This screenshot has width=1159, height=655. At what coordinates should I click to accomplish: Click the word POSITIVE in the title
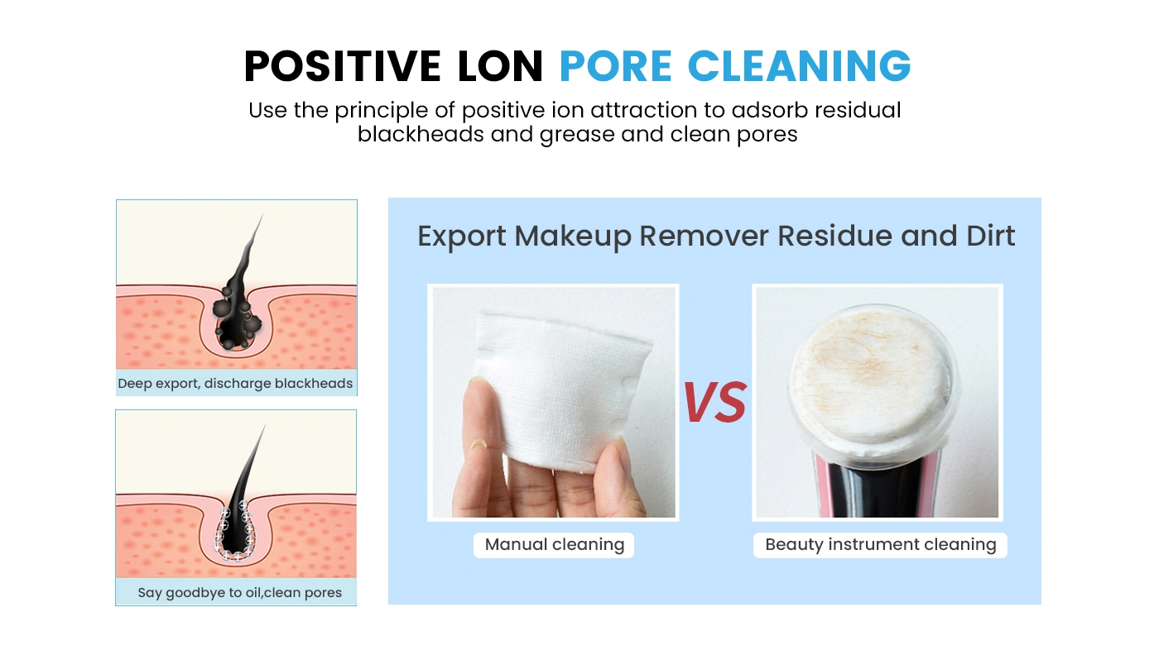[342, 66]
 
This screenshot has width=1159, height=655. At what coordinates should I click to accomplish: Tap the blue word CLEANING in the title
[799, 66]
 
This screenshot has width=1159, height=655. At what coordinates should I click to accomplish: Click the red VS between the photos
[714, 403]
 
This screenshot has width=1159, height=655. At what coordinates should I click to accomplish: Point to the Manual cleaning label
[554, 544]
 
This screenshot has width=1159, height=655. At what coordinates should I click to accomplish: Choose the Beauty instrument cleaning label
[880, 544]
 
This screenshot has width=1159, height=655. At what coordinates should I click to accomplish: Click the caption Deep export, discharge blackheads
[235, 384]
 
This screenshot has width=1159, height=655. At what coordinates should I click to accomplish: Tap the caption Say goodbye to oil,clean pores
[239, 592]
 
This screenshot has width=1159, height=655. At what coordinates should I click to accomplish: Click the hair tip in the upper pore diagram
[261, 218]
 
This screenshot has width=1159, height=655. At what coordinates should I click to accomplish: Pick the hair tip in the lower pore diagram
[262, 428]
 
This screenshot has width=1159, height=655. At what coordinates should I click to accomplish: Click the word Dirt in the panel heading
[990, 237]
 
